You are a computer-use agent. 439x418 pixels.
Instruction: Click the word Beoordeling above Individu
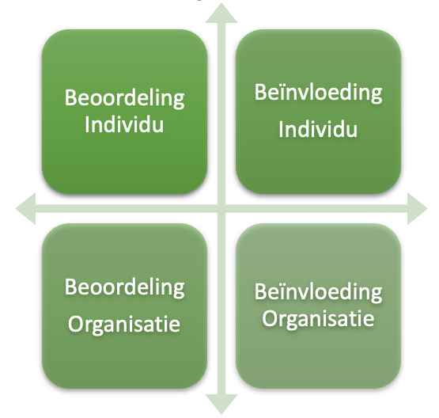tap(125, 98)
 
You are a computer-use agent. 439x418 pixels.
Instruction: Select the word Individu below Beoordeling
tap(124, 124)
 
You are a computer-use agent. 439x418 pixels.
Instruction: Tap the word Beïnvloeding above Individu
tap(318, 93)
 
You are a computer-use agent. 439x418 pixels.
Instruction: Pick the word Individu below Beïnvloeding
tap(318, 129)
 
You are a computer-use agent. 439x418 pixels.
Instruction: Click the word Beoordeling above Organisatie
tap(125, 287)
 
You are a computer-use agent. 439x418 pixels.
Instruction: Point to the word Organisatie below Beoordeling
tap(124, 324)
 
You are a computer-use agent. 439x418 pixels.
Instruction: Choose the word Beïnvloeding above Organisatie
tap(318, 293)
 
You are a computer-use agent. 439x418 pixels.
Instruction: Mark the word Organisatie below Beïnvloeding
tap(318, 319)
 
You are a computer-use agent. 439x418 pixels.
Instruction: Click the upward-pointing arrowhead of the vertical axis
tap(221, 13)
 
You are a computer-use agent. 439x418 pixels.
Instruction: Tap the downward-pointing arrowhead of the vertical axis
tap(221, 405)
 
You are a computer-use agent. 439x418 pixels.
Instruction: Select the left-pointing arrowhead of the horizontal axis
tap(26, 208)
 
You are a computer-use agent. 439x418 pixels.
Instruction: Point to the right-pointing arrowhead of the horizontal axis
tap(418, 208)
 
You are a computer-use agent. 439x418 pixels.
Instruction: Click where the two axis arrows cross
tap(221, 208)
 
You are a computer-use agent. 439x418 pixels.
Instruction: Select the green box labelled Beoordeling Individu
tap(125, 112)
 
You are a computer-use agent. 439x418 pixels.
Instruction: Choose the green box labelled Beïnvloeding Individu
tap(318, 112)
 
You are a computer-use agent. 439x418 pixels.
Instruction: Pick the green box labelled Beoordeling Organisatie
tap(125, 306)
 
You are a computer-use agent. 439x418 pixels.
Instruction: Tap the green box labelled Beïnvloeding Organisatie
tap(318, 306)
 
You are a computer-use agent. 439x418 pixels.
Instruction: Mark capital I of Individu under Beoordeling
tap(87, 124)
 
